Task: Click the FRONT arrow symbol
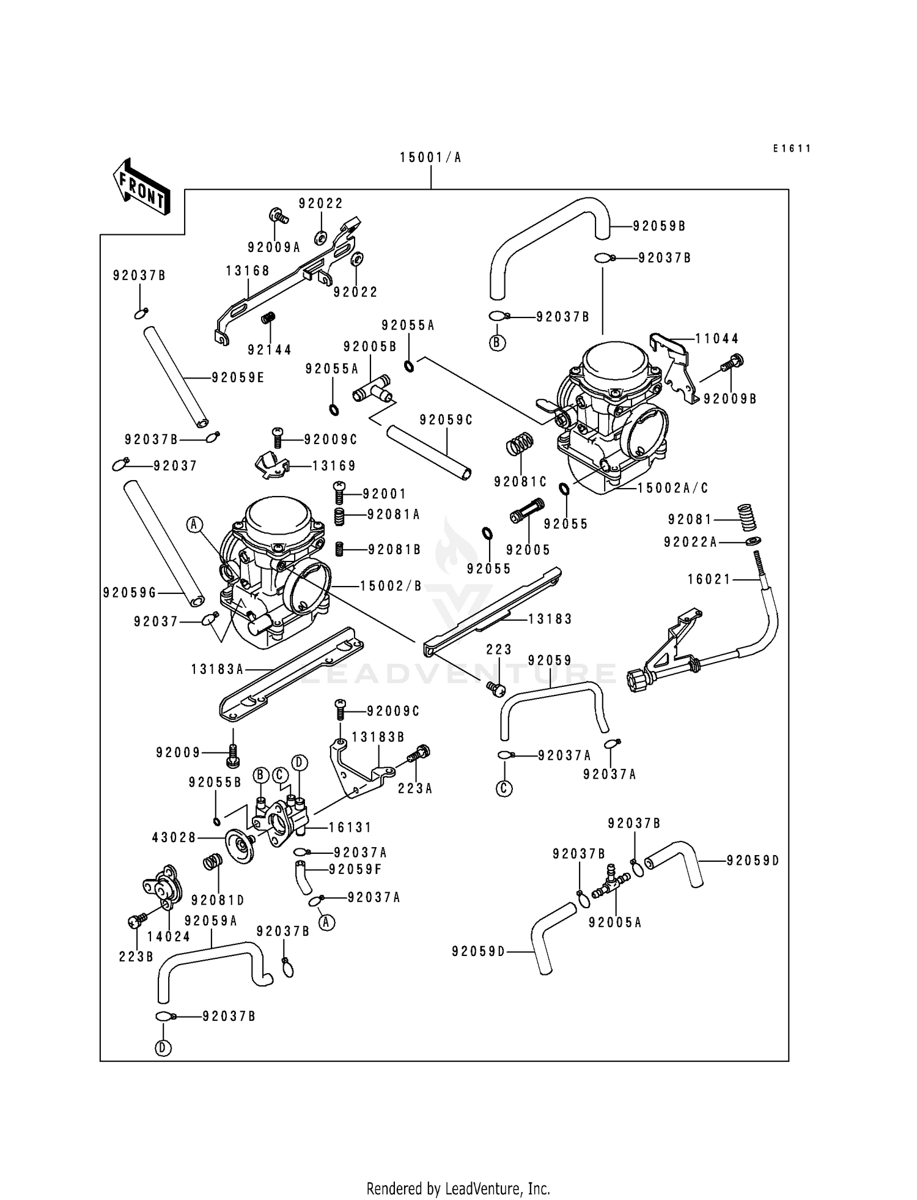click(x=141, y=187)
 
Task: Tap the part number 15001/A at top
click(x=430, y=158)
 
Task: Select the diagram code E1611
click(x=792, y=148)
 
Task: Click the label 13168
click(x=248, y=271)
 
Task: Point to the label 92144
click(x=270, y=350)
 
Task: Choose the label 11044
click(x=717, y=338)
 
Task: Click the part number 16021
click(x=709, y=579)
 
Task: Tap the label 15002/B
click(x=391, y=586)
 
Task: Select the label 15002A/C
click(x=672, y=488)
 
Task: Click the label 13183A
click(x=217, y=670)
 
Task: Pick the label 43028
click(x=174, y=837)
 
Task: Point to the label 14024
click(x=169, y=936)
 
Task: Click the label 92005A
click(x=615, y=922)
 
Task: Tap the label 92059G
click(x=130, y=593)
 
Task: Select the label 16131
click(x=350, y=828)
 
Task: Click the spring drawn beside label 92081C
click(x=520, y=443)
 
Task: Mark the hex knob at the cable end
click(x=636, y=680)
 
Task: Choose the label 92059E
click(x=238, y=378)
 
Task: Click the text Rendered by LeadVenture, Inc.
click(x=458, y=1188)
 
